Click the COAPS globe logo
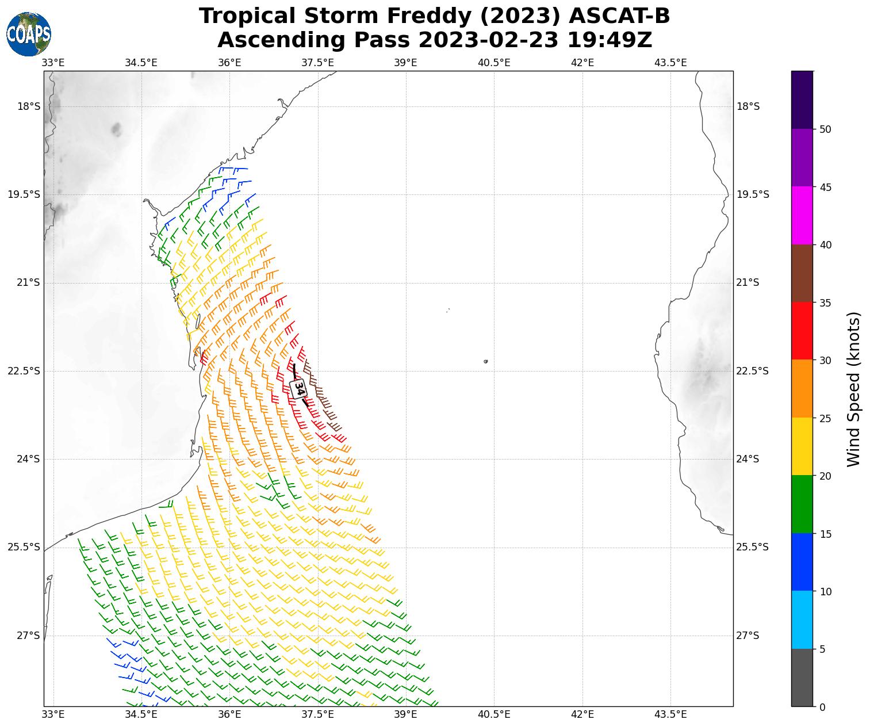pos(29,35)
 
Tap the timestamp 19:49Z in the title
pos(610,40)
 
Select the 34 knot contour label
pos(298,388)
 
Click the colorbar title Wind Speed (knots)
pos(854,389)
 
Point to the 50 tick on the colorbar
pos(825,129)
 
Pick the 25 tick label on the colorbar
pos(825,418)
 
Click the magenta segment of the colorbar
pos(802,216)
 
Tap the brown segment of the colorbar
pos(802,274)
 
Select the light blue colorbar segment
pos(802,620)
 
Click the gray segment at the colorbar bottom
pos(802,678)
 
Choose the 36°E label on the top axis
pos(229,62)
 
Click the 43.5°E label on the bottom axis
pos(670,714)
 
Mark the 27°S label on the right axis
pos(748,636)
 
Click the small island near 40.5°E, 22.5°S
pos(486,361)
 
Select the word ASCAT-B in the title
pos(619,16)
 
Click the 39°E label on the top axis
pos(406,62)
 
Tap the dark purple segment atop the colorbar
pos(802,100)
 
